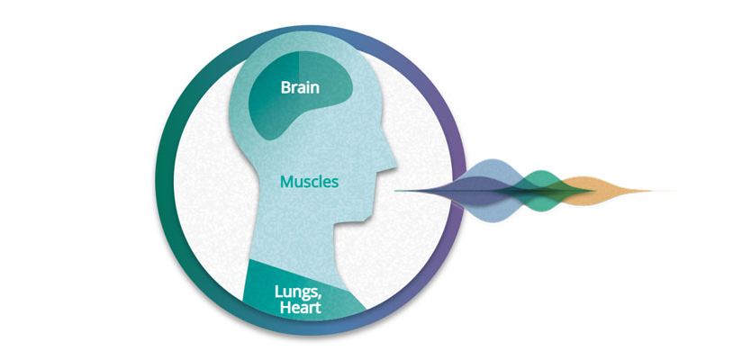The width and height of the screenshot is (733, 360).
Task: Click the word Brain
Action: tap(300, 87)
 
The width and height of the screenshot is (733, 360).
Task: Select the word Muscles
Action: tap(309, 182)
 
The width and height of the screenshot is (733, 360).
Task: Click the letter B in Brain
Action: tap(285, 87)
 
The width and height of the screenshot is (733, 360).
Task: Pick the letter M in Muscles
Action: tap(286, 182)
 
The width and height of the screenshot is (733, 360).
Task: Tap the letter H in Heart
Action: tap(285, 308)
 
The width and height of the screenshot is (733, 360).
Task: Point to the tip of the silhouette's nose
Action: tap(396, 165)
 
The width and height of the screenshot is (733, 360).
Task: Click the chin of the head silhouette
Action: tap(367, 217)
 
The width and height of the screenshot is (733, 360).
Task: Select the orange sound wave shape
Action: tap(603, 191)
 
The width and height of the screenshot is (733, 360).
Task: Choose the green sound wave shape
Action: tap(542, 191)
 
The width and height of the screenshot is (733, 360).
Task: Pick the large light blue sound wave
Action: tap(486, 191)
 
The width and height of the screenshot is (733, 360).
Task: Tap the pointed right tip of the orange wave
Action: tap(652, 191)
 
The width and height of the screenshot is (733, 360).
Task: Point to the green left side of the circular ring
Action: tap(164, 182)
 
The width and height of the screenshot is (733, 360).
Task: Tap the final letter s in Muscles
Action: tap(335, 183)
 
